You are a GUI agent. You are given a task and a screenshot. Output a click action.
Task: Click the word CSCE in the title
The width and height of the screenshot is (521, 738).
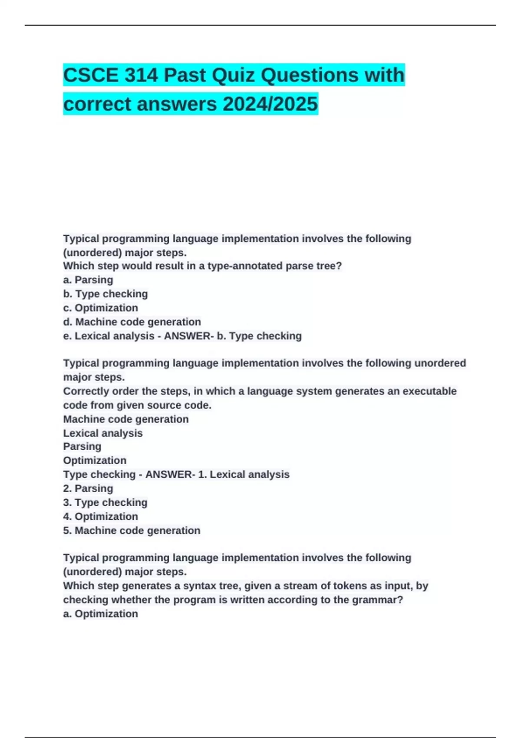pyautogui.click(x=90, y=75)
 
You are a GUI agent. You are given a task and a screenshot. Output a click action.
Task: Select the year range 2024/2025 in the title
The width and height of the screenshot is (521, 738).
pyautogui.click(x=270, y=104)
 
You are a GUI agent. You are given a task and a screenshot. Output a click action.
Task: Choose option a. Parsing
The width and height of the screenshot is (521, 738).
pyautogui.click(x=88, y=280)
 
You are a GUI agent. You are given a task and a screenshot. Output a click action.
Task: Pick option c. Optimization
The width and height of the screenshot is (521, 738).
pyautogui.click(x=101, y=308)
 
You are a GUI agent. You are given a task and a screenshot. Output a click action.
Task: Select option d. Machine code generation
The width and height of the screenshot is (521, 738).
pyautogui.click(x=132, y=322)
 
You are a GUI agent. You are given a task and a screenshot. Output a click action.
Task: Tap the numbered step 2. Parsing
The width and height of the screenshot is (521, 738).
pyautogui.click(x=88, y=488)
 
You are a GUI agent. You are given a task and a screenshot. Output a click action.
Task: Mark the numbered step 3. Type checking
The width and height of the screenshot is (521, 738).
pyautogui.click(x=106, y=502)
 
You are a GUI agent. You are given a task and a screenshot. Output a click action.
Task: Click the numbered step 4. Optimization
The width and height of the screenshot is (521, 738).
pyautogui.click(x=101, y=516)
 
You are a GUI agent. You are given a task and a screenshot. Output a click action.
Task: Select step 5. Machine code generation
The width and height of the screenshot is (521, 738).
pyautogui.click(x=132, y=530)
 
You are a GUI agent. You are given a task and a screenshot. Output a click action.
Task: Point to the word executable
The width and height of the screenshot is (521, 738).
pyautogui.click(x=429, y=391)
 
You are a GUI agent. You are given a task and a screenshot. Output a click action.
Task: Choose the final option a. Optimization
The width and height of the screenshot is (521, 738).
pyautogui.click(x=101, y=613)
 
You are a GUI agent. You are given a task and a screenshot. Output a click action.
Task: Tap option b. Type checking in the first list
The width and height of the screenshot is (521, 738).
pyautogui.click(x=106, y=294)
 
